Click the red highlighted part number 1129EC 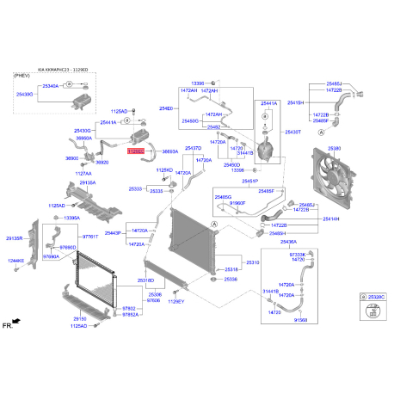136,151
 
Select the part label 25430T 292,132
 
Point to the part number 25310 253,262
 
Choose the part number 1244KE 16,261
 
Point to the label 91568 300,320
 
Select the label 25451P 249,182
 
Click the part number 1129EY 175,302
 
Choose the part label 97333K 298,255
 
